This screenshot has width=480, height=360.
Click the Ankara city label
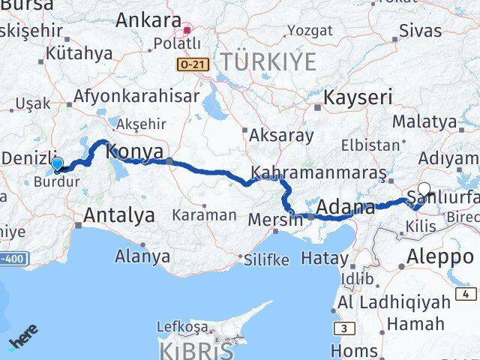pos(148,20)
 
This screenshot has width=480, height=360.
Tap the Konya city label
pos(135,152)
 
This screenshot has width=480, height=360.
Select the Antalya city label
pos(119,215)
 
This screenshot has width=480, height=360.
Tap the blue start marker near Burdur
pos(57,163)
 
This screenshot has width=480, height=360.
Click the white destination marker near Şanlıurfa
pos(424,190)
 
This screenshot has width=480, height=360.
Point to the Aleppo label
pos(439,257)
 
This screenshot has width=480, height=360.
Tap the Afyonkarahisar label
pos(136,96)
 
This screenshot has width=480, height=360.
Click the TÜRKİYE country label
pos(266,61)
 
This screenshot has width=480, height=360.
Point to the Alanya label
pos(142,256)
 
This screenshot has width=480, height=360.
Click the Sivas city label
pos(420,31)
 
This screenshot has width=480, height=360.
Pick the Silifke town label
pos(265,260)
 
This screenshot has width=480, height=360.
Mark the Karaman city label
pos(204,214)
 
